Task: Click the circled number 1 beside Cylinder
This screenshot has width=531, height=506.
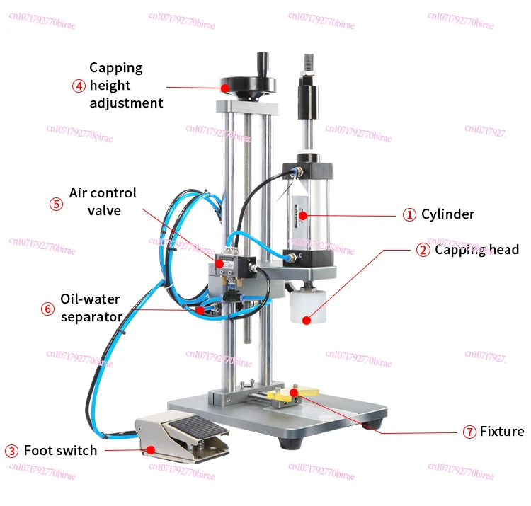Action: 409,214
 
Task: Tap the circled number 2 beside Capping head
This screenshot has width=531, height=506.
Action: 423,250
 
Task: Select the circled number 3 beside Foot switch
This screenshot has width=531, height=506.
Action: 11,451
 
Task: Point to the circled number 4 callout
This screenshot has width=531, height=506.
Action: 79,86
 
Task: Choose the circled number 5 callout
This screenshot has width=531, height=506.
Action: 56,203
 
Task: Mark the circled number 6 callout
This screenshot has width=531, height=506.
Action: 47,309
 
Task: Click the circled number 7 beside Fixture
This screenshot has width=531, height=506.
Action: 469,432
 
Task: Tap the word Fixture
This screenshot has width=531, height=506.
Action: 502,432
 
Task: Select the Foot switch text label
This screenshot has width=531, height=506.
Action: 60,451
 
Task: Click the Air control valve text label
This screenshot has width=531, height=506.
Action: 103,202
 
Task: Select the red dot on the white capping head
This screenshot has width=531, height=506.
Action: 306,321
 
